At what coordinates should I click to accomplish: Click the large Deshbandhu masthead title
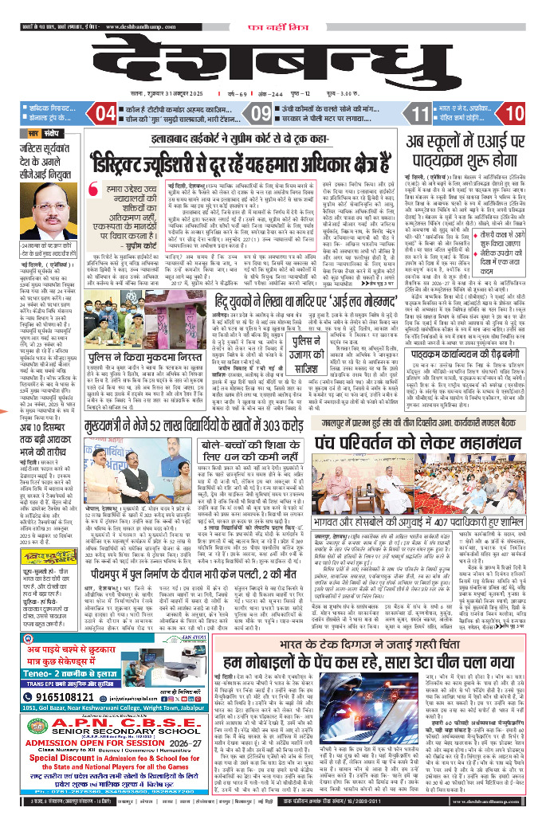[272, 53]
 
